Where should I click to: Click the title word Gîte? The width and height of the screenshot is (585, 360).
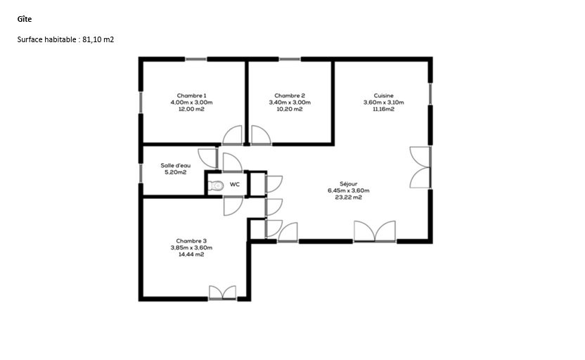[24, 19]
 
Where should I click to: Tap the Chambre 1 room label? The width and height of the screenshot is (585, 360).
[191, 96]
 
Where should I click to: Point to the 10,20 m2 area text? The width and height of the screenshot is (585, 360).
[290, 109]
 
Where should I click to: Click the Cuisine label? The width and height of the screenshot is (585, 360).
[383, 96]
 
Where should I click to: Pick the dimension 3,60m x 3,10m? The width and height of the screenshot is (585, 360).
[383, 102]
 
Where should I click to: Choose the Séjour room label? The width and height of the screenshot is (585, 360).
[349, 184]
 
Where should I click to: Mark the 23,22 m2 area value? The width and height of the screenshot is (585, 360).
[349, 198]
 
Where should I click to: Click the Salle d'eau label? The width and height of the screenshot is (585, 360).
[175, 165]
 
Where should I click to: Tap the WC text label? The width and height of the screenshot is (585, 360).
[235, 184]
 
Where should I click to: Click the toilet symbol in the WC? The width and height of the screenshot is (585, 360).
[215, 185]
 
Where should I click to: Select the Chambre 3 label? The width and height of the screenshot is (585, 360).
[191, 241]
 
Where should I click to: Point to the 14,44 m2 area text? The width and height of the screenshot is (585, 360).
[191, 255]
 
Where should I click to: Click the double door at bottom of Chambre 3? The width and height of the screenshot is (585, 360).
[222, 292]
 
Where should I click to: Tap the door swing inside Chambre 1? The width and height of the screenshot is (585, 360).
[233, 135]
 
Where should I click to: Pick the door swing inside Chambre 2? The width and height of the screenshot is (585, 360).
[261, 135]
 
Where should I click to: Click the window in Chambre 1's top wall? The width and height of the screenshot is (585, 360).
[196, 59]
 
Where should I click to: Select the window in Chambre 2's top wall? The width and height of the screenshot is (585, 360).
[290, 59]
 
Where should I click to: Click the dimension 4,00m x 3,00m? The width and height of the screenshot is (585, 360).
[191, 102]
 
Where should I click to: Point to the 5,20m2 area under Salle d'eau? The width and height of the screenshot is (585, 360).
[175, 172]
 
